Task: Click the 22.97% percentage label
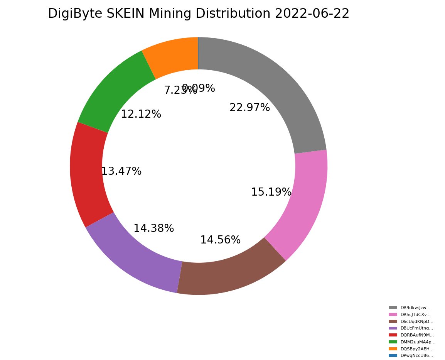249,108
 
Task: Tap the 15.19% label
271,192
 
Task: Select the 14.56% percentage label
220,240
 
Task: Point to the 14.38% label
153,228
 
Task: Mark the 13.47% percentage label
121,171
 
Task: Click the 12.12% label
141,114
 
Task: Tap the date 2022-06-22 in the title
312,14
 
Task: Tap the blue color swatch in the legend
393,356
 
